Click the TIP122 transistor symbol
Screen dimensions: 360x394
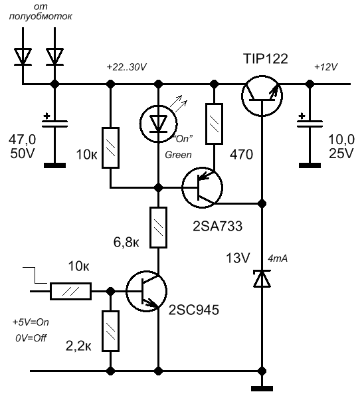pos(262,96)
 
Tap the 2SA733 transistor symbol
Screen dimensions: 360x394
pos(202,187)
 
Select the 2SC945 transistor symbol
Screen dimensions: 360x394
pos(147,292)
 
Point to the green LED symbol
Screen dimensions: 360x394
pos(158,123)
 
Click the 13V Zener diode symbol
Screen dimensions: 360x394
pos(262,278)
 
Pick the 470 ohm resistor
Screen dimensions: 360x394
pos(214,124)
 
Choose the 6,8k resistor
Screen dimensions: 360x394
pos(158,228)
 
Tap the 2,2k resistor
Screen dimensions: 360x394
pos(110,331)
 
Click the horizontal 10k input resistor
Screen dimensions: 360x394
pos(71,291)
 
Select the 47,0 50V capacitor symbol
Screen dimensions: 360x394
pos(54,124)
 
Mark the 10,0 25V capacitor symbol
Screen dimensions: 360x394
pos(310,124)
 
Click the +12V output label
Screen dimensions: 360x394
pos(326,67)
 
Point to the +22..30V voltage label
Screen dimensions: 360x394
pos(126,67)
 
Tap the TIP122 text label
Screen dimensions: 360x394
pos(265,58)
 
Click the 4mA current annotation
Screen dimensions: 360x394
pos(278,258)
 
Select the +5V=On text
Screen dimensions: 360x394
pos(31,322)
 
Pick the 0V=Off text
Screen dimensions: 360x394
pos(31,338)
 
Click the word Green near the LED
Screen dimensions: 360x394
pos(178,155)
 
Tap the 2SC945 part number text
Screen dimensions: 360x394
pos(193,310)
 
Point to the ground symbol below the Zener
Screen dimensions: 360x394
pos(262,389)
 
